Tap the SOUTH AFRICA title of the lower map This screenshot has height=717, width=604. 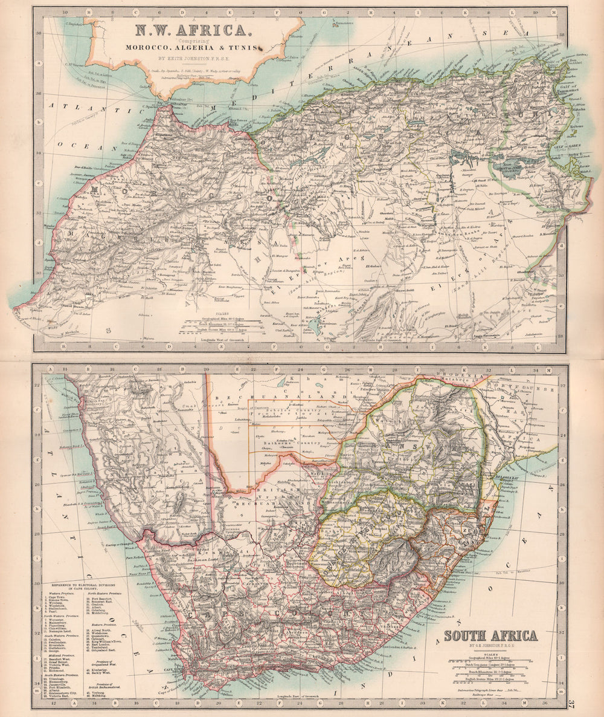point(490,635)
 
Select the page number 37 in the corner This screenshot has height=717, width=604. point(571,702)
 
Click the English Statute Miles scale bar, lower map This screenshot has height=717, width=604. point(490,680)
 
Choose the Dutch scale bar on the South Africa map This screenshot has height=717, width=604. point(490,663)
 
